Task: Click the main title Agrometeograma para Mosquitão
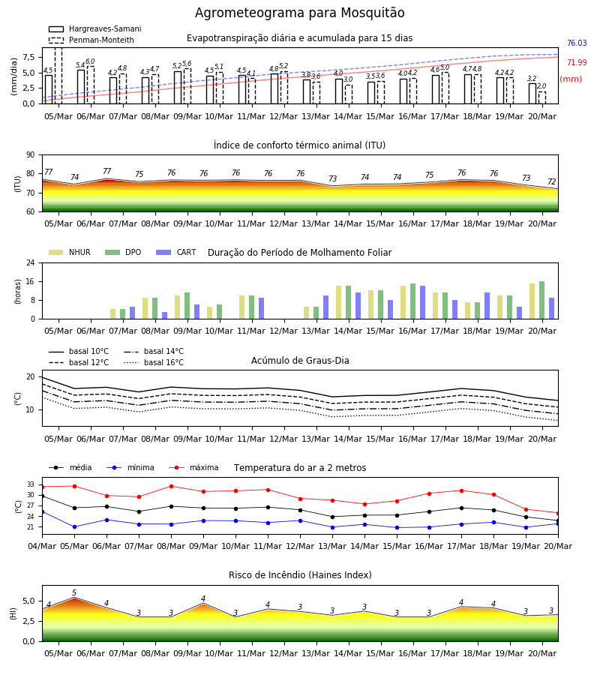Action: [x=299, y=13]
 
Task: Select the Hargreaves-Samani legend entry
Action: [x=95, y=28]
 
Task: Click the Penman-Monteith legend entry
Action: [x=91, y=40]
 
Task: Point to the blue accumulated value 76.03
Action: [x=577, y=43]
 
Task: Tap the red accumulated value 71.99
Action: [x=577, y=62]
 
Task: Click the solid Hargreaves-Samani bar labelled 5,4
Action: [x=81, y=86]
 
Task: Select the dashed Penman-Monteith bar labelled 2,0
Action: [x=542, y=97]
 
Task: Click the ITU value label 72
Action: [x=552, y=181]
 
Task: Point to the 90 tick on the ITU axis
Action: [x=31, y=155]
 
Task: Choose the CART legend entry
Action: [x=176, y=252]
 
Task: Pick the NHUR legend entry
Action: [x=70, y=252]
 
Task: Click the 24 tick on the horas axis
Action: [x=31, y=262]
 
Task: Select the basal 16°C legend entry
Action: [x=154, y=362]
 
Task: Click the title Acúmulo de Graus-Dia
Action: [x=300, y=360]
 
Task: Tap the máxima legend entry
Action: [x=193, y=467]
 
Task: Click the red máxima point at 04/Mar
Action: [x=42, y=487]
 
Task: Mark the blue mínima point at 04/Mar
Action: [x=42, y=511]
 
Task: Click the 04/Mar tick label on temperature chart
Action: [x=42, y=546]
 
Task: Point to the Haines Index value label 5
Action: [x=74, y=592]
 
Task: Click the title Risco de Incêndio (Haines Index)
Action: [x=300, y=575]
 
